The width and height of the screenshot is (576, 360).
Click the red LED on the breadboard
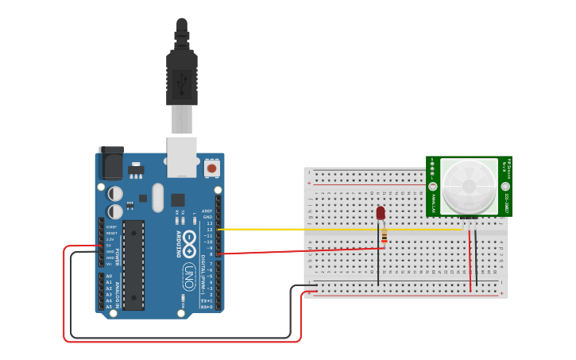(x=381, y=213)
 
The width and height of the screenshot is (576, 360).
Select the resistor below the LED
(x=385, y=236)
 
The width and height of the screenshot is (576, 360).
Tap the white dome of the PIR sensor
(x=469, y=186)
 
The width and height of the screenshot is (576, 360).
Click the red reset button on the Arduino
(x=211, y=168)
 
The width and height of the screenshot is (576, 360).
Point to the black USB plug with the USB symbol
(x=182, y=79)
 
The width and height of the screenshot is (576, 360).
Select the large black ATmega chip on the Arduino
(x=133, y=265)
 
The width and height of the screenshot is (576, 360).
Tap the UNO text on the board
(x=189, y=275)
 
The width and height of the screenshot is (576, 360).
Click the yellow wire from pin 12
(x=334, y=230)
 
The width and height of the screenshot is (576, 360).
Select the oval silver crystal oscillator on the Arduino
(x=158, y=197)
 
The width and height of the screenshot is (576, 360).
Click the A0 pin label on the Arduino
(x=109, y=276)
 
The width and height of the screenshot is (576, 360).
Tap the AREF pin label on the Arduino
(x=207, y=211)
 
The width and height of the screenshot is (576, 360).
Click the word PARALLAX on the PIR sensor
(x=433, y=203)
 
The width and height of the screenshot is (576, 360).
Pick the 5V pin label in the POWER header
(x=110, y=246)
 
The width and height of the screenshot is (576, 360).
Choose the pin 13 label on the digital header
(x=209, y=223)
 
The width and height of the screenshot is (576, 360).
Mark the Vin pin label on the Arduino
(x=109, y=264)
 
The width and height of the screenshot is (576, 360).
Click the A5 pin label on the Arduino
(x=109, y=307)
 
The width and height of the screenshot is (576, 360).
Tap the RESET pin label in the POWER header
(x=111, y=233)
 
